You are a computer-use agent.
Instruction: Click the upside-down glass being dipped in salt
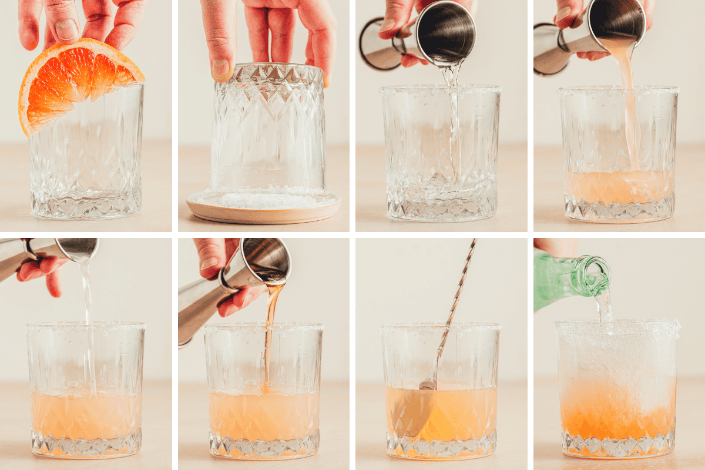point(268,129)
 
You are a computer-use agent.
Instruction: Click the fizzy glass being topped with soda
point(616,388)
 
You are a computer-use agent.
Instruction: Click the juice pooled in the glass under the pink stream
point(620,188)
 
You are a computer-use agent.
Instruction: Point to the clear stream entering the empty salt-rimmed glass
point(453,117)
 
